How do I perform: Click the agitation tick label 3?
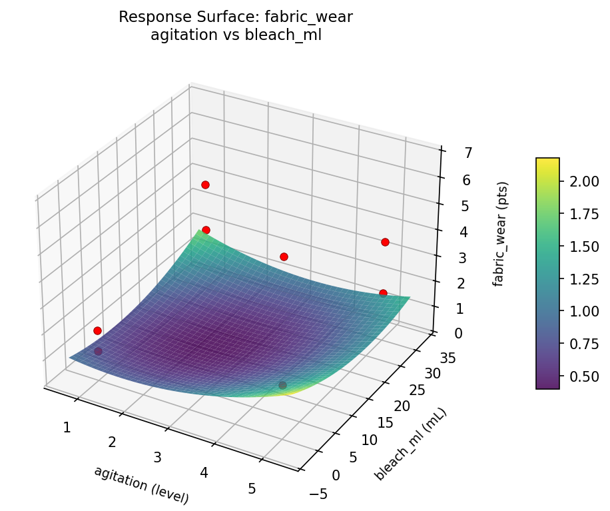tap(158, 457)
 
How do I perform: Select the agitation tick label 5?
tap(252, 488)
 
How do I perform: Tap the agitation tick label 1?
tap(67, 427)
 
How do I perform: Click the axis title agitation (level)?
tap(141, 484)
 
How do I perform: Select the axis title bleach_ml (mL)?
tap(410, 444)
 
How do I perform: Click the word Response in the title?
tap(148, 17)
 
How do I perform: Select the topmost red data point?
tap(205, 185)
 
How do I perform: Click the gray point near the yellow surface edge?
tap(282, 385)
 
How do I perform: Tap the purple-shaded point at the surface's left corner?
tap(99, 351)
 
